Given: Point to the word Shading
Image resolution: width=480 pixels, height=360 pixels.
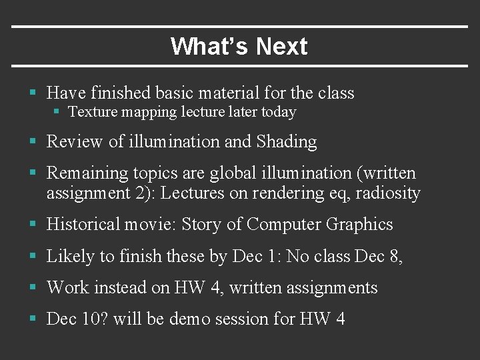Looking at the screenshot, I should click(x=287, y=142).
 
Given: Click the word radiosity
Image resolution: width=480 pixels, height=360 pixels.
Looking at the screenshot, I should click(x=389, y=193).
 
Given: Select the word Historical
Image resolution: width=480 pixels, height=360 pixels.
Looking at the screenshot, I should click(x=84, y=225).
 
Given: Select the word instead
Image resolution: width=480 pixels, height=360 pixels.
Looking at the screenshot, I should click(x=123, y=287).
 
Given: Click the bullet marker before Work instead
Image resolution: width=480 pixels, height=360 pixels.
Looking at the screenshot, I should click(x=33, y=288).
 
